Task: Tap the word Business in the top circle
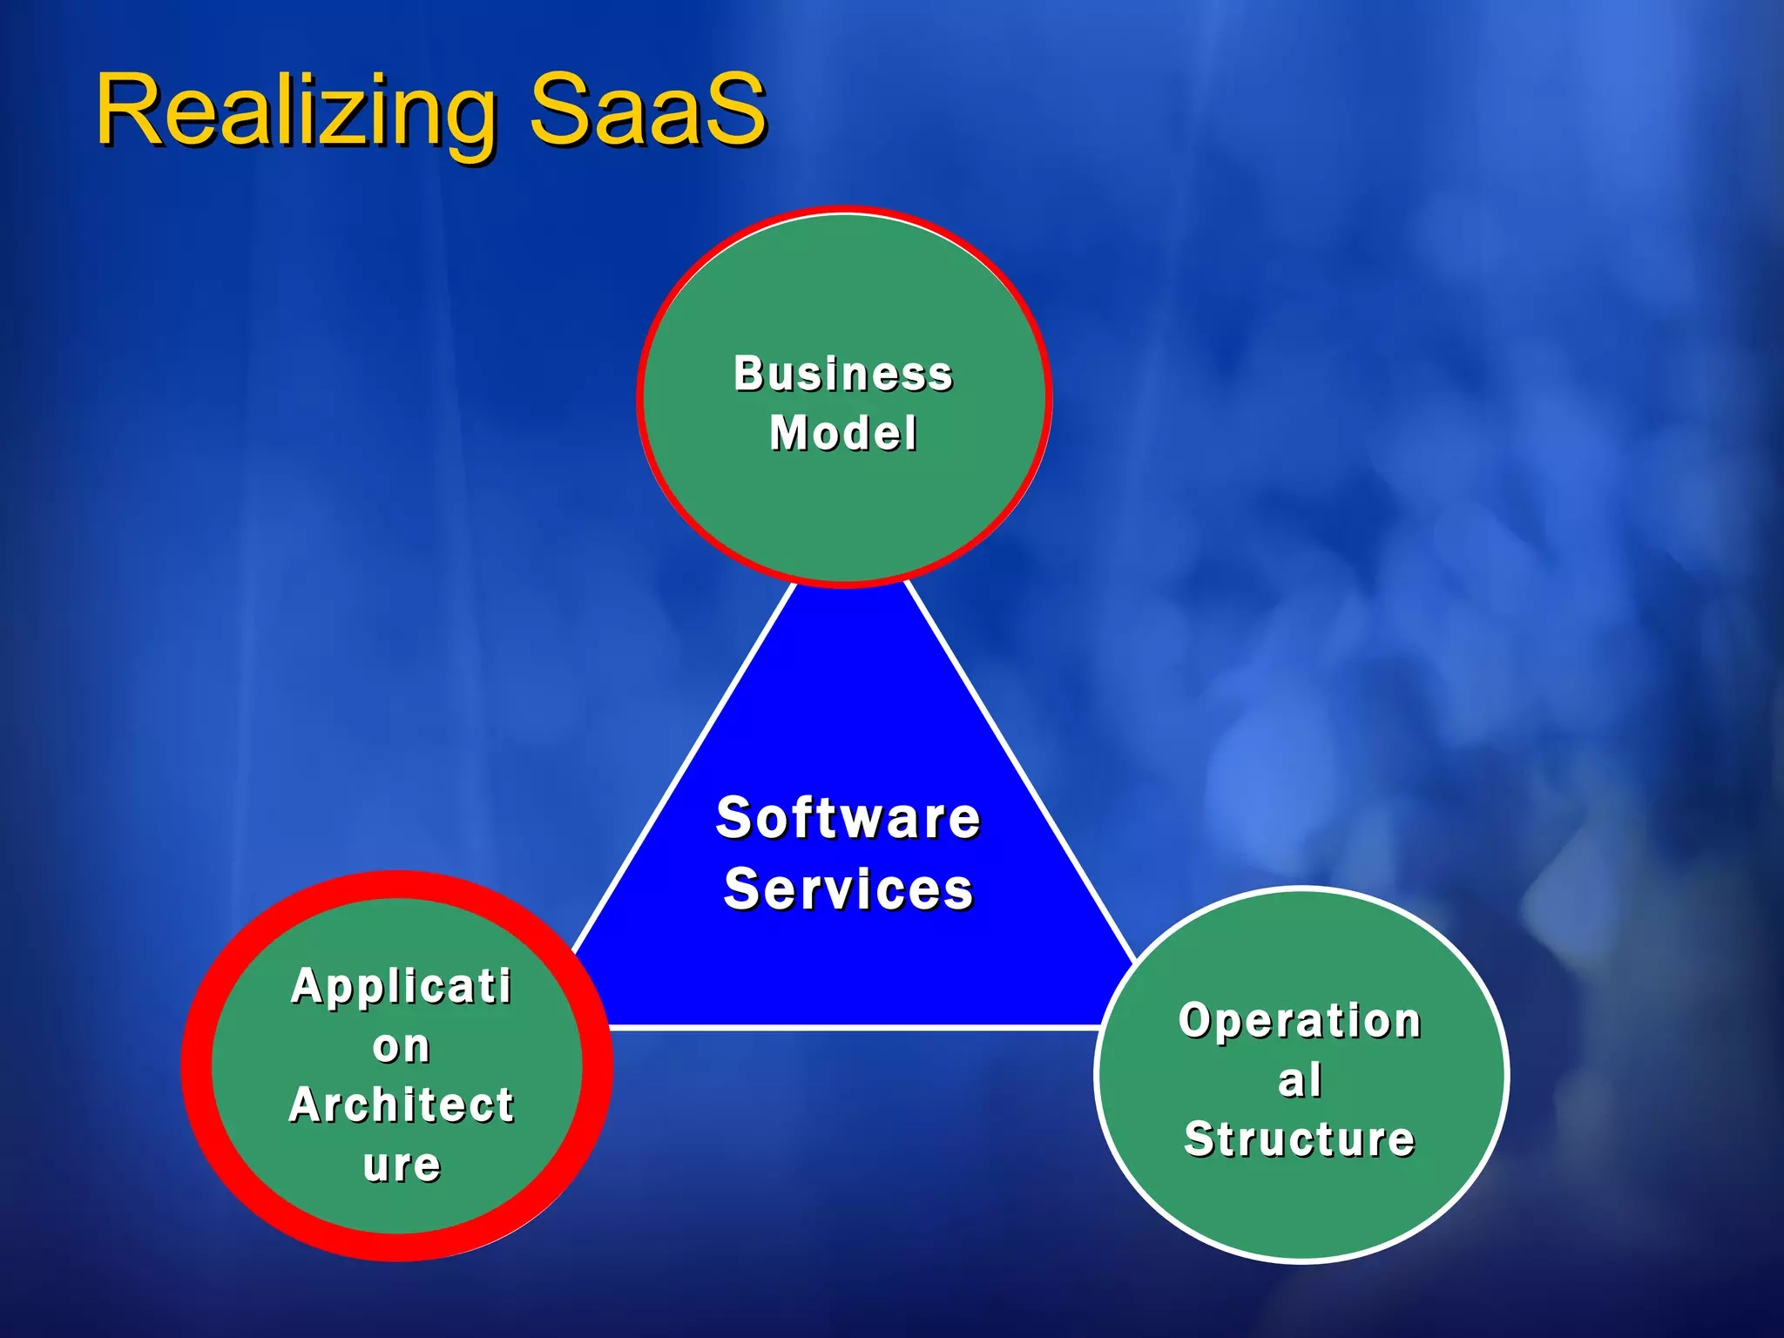click(843, 374)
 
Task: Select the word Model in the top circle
click(843, 433)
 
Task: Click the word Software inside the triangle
click(848, 818)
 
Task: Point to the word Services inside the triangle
click(848, 889)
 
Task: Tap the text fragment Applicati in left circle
click(402, 986)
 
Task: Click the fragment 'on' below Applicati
click(402, 1045)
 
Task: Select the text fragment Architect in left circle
click(402, 1105)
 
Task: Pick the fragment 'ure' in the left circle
click(402, 1165)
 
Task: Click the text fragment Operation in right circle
click(1300, 1020)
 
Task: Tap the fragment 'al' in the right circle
click(1300, 1080)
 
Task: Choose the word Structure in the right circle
click(1300, 1139)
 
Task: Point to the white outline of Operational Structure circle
click(1506, 1075)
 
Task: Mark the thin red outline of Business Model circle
click(640, 396)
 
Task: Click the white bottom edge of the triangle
click(854, 1028)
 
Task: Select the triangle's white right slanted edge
click(1019, 767)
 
